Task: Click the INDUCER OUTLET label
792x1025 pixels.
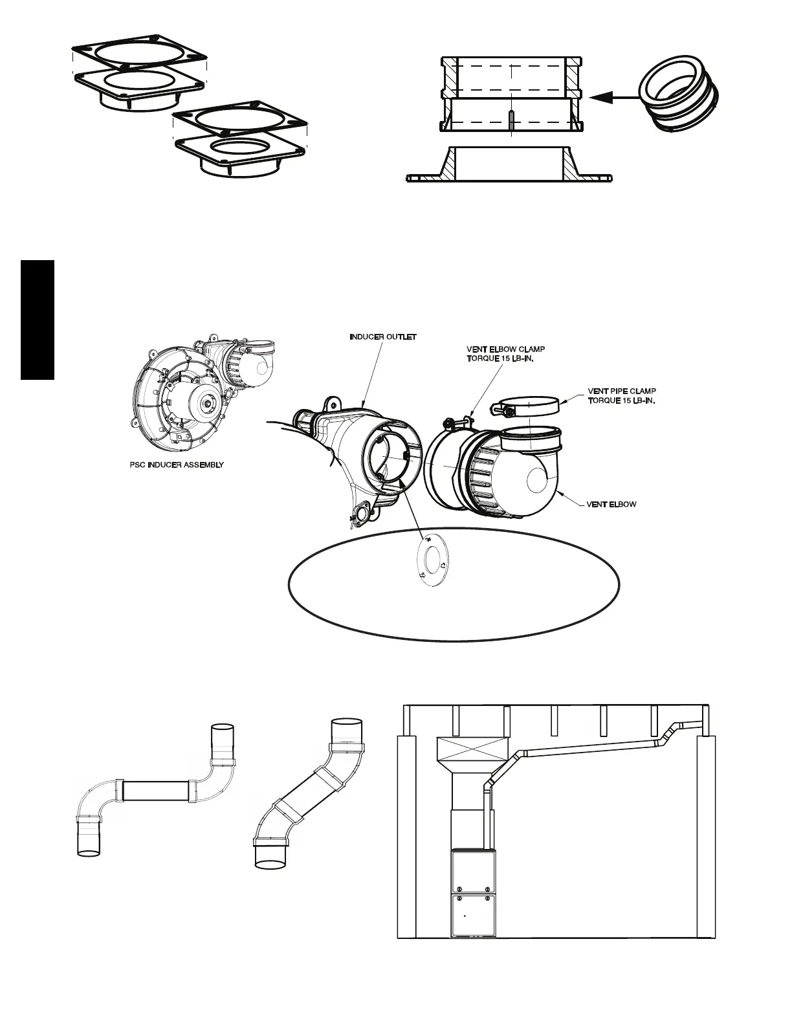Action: click(x=383, y=337)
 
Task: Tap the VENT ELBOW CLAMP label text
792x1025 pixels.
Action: click(x=506, y=354)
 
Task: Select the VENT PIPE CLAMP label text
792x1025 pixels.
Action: click(x=622, y=396)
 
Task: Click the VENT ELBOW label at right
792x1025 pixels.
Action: click(x=611, y=504)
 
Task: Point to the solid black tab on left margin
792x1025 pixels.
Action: click(x=38, y=320)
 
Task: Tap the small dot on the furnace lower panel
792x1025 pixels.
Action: click(x=464, y=916)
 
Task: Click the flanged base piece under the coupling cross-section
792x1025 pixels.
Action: click(x=511, y=171)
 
